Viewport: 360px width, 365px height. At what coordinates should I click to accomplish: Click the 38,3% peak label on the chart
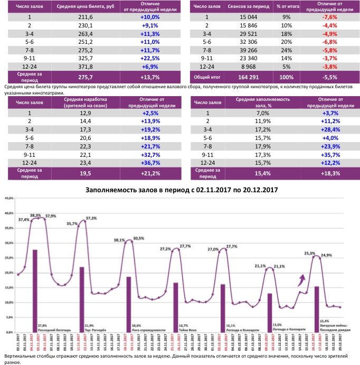36,215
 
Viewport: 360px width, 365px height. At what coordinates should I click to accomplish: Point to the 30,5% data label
139,238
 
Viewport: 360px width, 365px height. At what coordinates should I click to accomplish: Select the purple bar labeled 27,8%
35,288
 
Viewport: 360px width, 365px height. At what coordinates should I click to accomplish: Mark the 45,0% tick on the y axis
9,198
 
